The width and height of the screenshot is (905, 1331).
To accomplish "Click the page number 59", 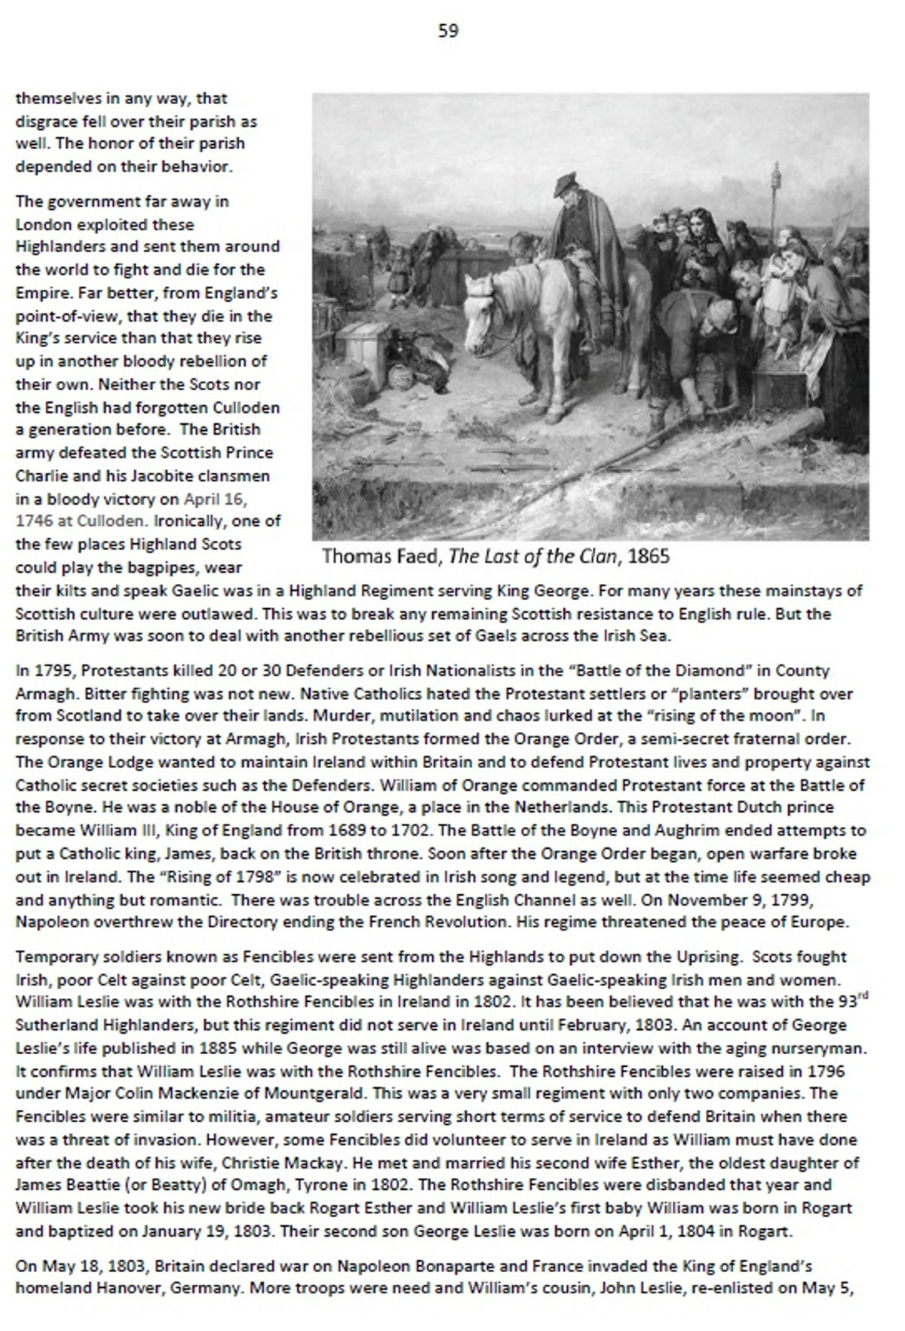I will (448, 31).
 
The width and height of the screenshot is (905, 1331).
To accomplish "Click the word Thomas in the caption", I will (351, 557).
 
